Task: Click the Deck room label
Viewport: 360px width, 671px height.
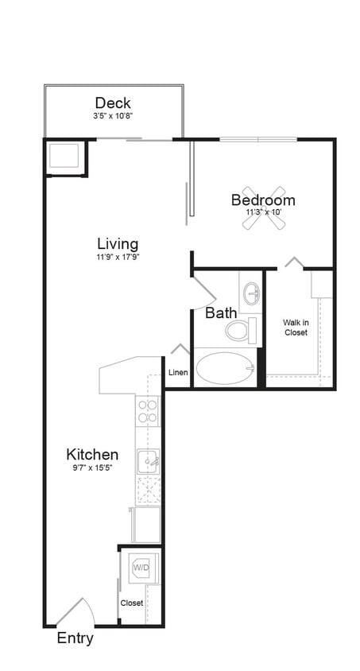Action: [113, 103]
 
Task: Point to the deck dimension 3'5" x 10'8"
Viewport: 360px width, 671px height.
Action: [113, 116]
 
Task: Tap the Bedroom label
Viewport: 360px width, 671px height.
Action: [263, 200]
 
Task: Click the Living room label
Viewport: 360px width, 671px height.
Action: [118, 243]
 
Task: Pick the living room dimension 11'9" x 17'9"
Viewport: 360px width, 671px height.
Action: [118, 257]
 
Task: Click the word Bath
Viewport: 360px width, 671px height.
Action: [221, 313]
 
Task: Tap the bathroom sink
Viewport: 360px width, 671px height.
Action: [252, 293]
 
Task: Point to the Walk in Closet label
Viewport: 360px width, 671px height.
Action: [296, 328]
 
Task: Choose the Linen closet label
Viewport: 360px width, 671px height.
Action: [178, 373]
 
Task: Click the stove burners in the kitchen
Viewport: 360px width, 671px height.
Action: [148, 411]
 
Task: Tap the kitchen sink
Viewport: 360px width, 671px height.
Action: [148, 460]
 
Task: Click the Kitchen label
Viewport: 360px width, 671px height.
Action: [92, 455]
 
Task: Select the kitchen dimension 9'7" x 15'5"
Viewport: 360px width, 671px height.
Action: [92, 468]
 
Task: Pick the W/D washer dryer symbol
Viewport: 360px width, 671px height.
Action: [141, 568]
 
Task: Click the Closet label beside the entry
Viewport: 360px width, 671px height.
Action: [132, 603]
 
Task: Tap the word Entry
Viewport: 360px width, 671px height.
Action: [75, 638]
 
